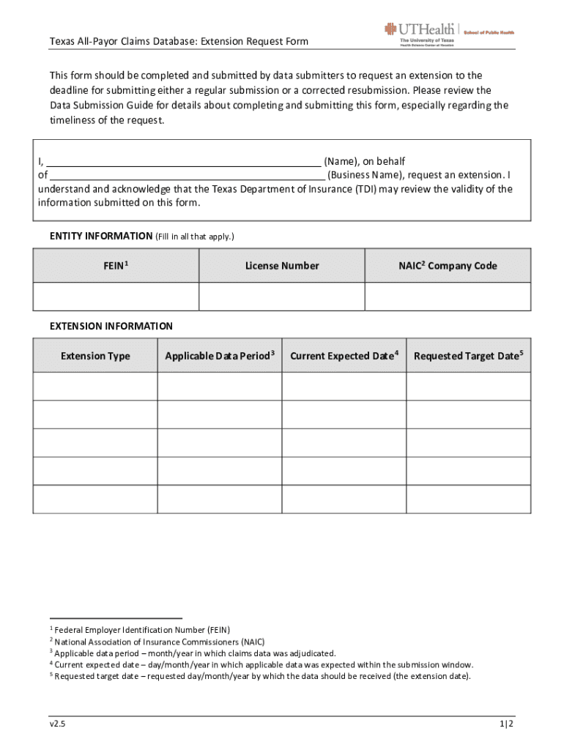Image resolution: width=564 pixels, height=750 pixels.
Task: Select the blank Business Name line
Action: click(x=188, y=176)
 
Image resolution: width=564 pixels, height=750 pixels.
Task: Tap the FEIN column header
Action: click(x=116, y=266)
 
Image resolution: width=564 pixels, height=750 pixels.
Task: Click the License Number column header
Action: click(x=282, y=266)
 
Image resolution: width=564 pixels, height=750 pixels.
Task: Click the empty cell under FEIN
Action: click(x=116, y=297)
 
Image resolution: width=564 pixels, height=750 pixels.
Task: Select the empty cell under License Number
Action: click(x=282, y=297)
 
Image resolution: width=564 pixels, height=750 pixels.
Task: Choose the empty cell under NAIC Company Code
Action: click(x=448, y=297)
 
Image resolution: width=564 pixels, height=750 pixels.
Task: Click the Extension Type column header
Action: click(x=95, y=356)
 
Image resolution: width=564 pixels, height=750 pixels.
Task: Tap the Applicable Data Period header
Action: click(x=220, y=356)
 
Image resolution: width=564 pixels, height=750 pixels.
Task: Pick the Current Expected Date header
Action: click(x=344, y=356)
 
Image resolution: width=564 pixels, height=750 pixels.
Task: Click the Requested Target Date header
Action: click(x=469, y=356)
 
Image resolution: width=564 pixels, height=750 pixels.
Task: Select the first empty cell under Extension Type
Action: click(x=95, y=386)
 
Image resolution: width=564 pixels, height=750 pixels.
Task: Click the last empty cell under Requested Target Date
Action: click(x=469, y=499)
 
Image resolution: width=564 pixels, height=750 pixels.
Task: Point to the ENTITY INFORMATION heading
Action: click(x=100, y=237)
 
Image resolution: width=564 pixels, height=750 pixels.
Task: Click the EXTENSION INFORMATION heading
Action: click(x=111, y=326)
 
